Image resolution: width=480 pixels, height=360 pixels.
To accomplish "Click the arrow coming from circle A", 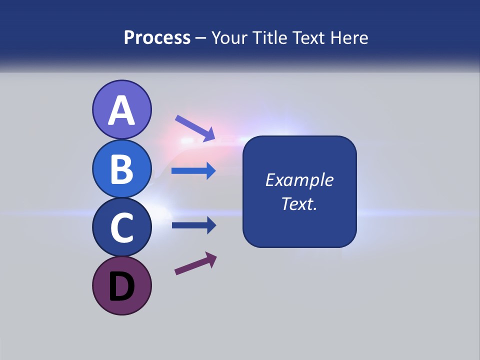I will click(x=195, y=128).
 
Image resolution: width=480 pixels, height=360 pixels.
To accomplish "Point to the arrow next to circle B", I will click(x=193, y=171).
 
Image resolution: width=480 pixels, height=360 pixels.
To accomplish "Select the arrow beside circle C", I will click(x=193, y=225).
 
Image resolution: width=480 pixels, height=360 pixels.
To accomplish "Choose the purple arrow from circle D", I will click(x=195, y=263).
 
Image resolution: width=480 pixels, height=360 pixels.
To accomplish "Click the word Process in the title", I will click(x=157, y=37).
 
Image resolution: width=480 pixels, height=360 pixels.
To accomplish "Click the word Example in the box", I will click(x=299, y=180).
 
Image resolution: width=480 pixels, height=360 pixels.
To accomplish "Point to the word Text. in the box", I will click(x=299, y=203).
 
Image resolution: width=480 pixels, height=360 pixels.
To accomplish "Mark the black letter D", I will click(x=121, y=286).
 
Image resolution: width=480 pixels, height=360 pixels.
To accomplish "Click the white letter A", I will click(x=121, y=110).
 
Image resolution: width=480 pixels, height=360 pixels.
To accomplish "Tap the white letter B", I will click(x=121, y=169).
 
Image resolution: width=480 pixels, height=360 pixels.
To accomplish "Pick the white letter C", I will click(x=121, y=227).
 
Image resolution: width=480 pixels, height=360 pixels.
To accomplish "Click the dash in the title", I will click(x=201, y=38).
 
